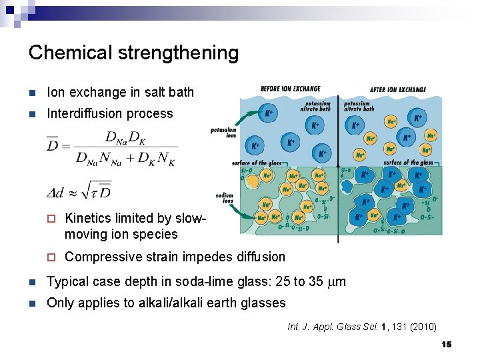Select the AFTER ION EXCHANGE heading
tap(398, 89)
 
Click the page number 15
tap(447, 344)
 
